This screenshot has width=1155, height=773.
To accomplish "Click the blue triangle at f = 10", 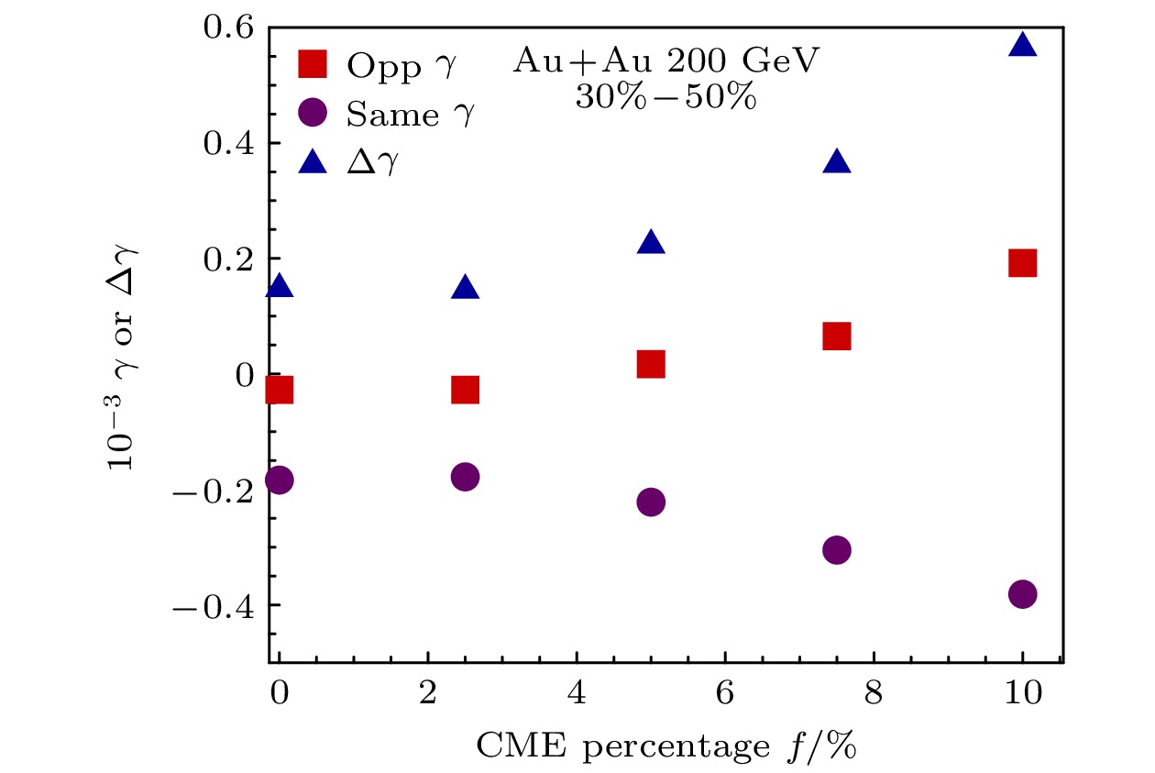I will click(1022, 46).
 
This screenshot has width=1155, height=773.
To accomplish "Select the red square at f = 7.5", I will click(836, 337).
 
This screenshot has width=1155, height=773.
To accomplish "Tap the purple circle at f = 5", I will click(650, 502).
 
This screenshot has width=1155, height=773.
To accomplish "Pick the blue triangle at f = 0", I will click(279, 287).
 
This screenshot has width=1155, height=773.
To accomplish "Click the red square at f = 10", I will click(1022, 263).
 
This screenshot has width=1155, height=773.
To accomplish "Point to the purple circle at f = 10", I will click(1022, 594).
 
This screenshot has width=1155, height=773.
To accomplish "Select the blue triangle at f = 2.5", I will click(465, 289).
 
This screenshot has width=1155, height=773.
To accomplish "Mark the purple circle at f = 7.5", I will click(836, 550).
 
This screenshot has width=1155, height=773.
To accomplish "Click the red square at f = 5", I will click(650, 364).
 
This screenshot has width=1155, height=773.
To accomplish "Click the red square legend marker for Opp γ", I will click(313, 64).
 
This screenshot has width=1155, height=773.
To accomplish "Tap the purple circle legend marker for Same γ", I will click(313, 113).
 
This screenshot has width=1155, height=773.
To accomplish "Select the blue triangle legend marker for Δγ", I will click(313, 162).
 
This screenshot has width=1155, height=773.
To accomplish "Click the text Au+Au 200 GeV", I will click(665, 62).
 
